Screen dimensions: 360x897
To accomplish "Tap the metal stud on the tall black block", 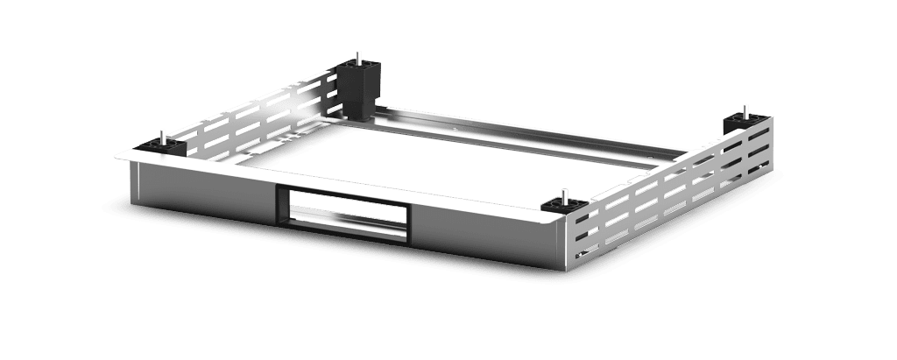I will click(x=358, y=58).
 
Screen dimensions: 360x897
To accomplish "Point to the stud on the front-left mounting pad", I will click(x=162, y=136).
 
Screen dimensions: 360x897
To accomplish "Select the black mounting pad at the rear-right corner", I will click(x=741, y=120).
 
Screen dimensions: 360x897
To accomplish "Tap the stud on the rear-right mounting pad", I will click(x=745, y=109).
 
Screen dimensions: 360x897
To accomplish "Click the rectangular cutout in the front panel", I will click(x=343, y=214).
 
